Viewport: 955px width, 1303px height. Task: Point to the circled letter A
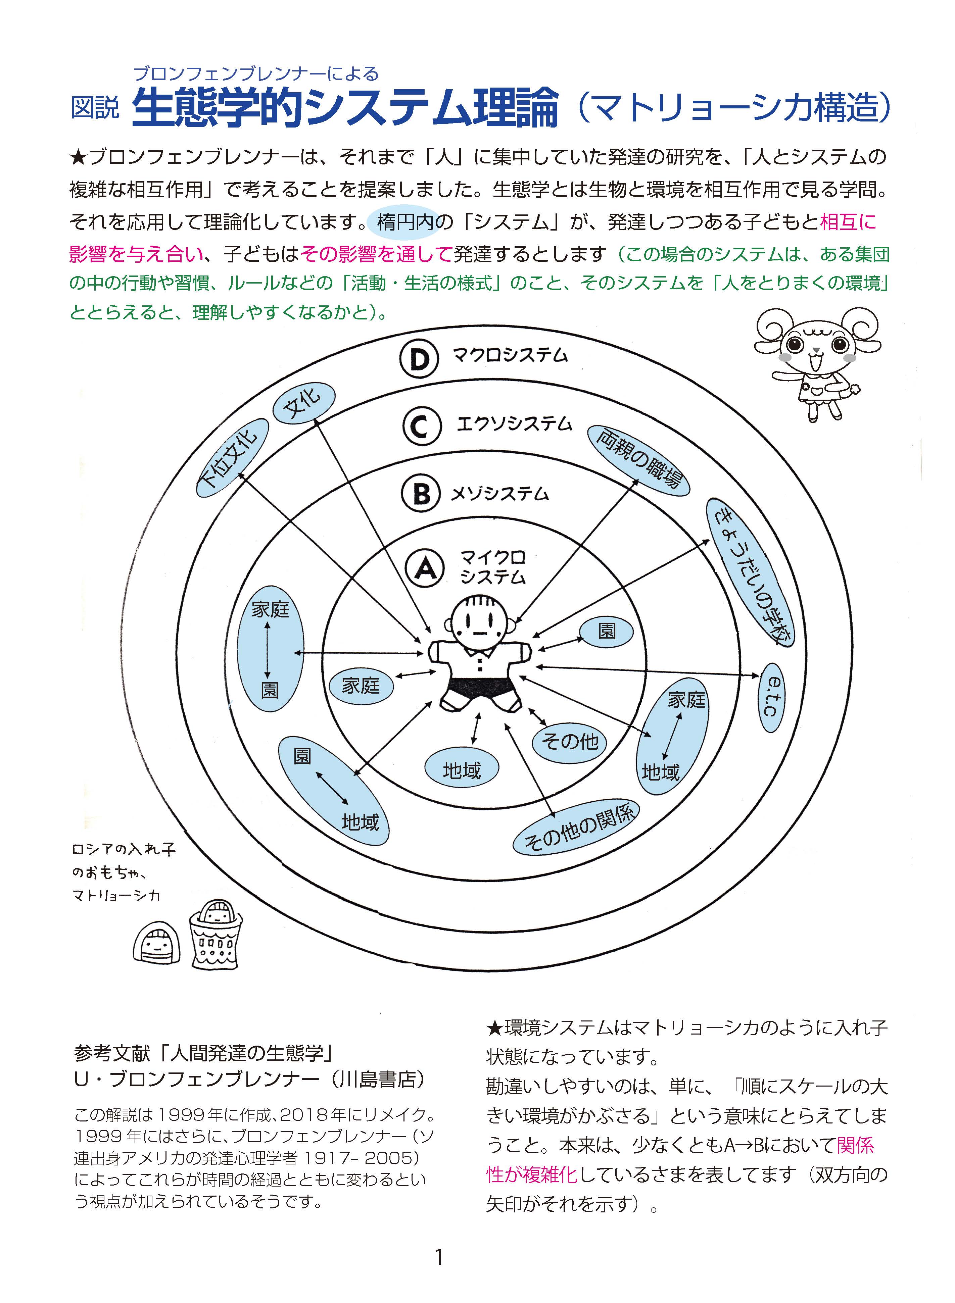point(425,568)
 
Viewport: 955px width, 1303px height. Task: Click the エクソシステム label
point(514,424)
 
